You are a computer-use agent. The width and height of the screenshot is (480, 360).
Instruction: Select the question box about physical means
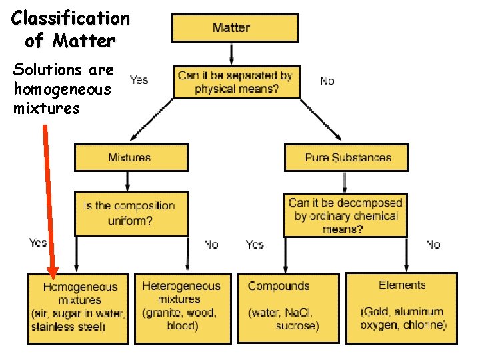[x=235, y=82]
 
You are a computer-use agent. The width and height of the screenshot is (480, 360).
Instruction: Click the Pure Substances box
[x=347, y=157]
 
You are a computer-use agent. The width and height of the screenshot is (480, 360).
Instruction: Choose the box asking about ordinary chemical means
[x=345, y=215]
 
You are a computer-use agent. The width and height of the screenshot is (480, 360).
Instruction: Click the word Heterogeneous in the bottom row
[x=181, y=286]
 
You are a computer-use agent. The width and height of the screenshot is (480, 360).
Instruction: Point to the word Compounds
[x=279, y=286]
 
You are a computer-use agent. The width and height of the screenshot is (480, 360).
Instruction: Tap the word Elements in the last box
[x=402, y=285]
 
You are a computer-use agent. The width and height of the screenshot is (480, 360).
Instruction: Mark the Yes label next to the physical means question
[x=139, y=80]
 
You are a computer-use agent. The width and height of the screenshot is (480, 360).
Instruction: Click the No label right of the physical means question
[x=327, y=81]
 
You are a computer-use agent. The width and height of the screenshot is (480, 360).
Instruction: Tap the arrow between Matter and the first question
[x=231, y=53]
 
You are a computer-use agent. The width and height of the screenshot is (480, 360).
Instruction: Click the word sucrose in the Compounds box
[x=297, y=325]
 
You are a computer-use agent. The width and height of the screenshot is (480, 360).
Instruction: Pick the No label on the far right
[x=433, y=245]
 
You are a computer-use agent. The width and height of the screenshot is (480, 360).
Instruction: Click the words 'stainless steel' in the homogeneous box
[x=68, y=326]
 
